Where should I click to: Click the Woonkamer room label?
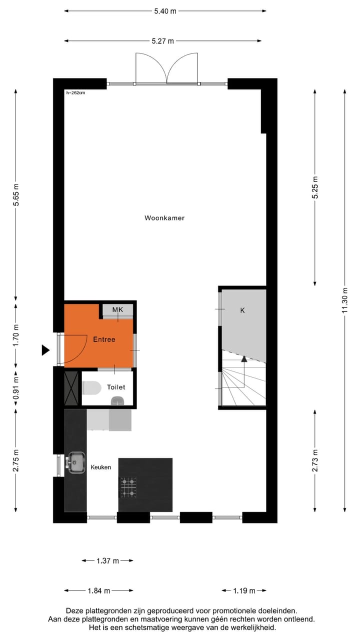click(164, 218)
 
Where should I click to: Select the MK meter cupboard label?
click(117, 310)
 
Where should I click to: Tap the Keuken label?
click(100, 467)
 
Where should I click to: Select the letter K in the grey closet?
click(242, 310)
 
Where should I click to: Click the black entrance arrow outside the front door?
click(45, 350)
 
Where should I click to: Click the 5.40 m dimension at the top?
click(165, 11)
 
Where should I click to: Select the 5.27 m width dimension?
click(163, 41)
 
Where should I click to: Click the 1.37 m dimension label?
click(107, 561)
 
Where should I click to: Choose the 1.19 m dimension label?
click(243, 591)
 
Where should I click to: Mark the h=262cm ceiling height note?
click(75, 92)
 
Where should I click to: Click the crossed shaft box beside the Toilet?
click(71, 388)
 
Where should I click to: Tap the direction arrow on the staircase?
click(244, 358)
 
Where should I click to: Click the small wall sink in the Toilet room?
click(117, 400)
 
